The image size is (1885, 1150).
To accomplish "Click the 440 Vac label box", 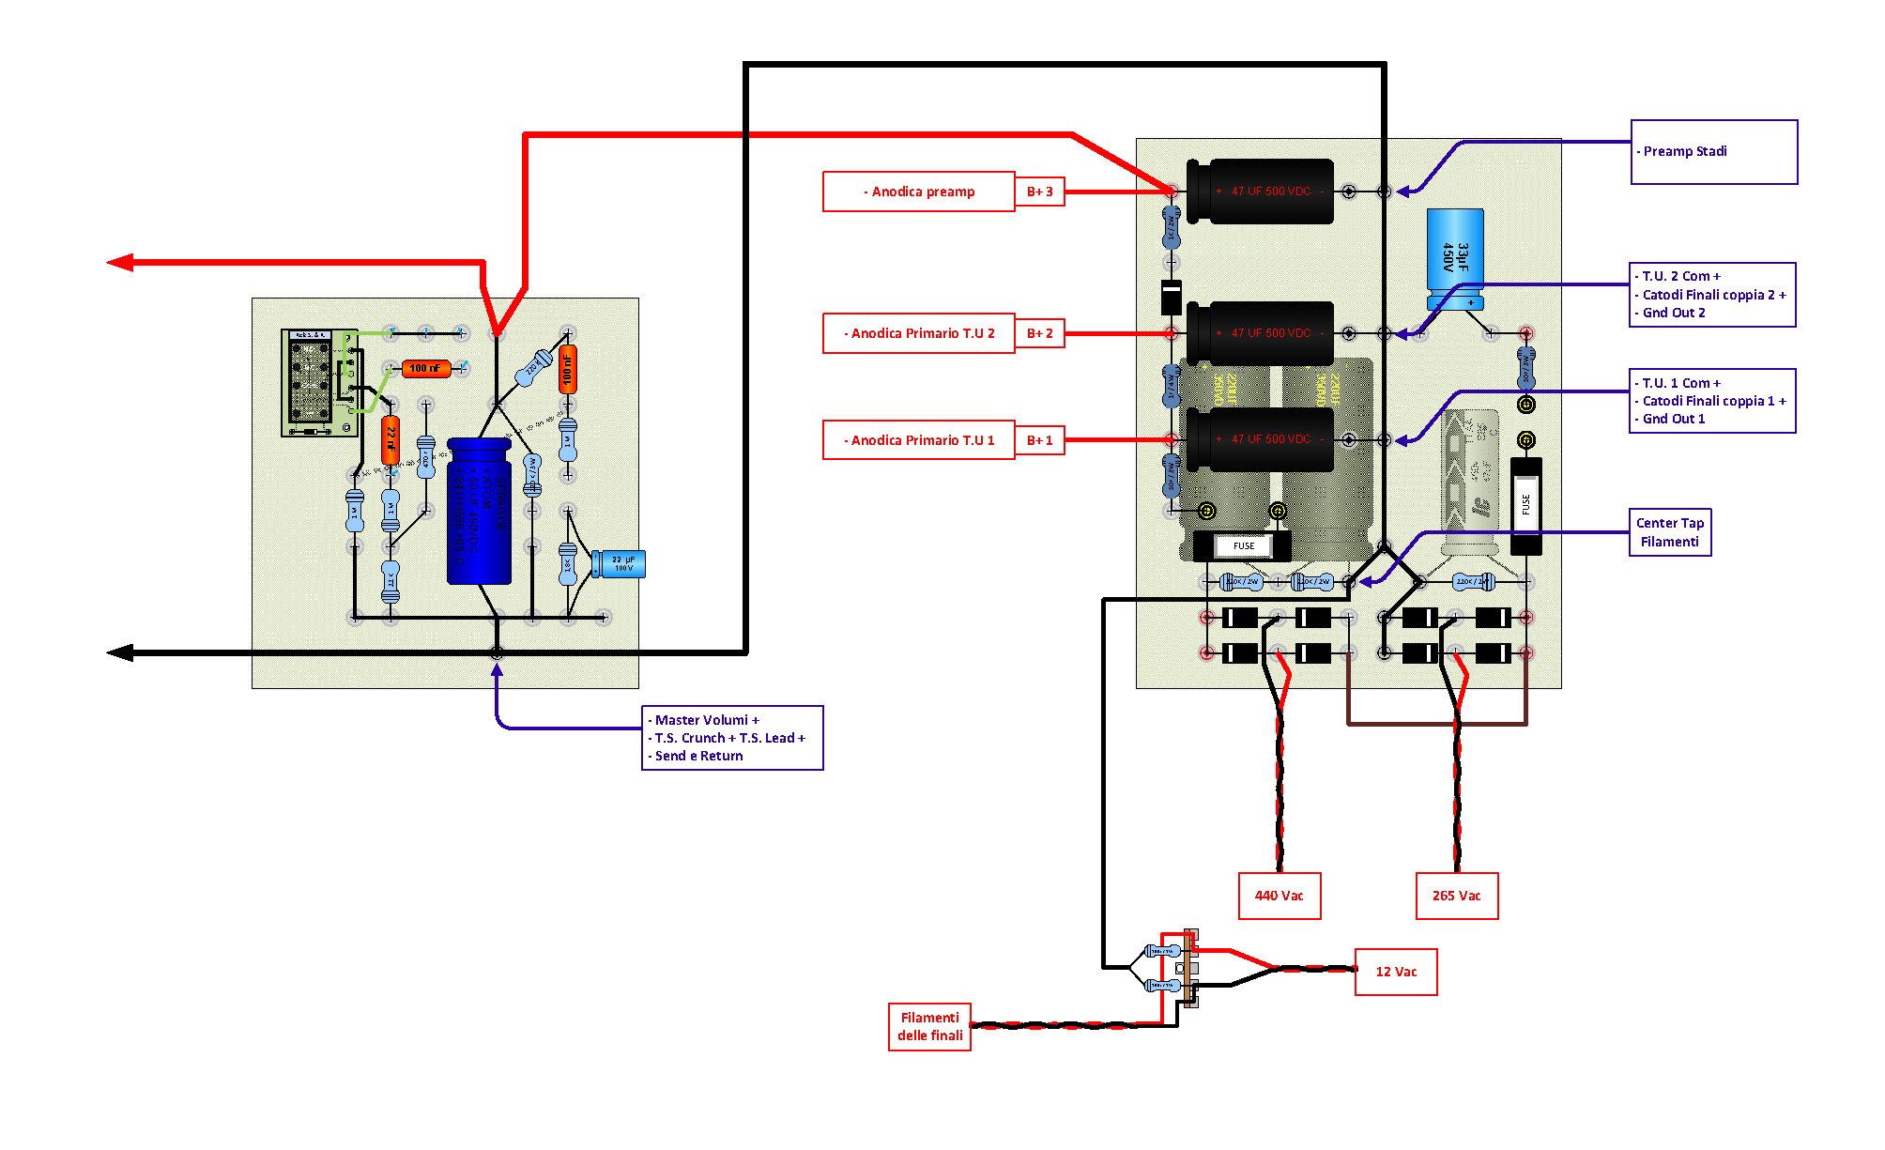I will pyautogui.click(x=1279, y=896).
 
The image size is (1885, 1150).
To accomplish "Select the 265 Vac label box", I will pyautogui.click(x=1456, y=896).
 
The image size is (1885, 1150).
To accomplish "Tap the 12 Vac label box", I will pyautogui.click(x=1396, y=972).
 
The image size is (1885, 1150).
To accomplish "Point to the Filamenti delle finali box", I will pyautogui.click(x=929, y=1026).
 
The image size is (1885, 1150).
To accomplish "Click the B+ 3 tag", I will pyautogui.click(x=1039, y=192).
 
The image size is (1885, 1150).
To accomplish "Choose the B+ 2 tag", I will pyautogui.click(x=1039, y=333).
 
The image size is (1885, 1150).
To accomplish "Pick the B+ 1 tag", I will pyautogui.click(x=1039, y=440).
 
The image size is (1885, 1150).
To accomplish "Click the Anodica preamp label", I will pyautogui.click(x=918, y=192).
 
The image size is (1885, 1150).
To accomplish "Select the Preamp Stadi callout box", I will pyautogui.click(x=1713, y=152).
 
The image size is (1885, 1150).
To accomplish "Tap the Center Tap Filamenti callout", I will pyautogui.click(x=1669, y=532).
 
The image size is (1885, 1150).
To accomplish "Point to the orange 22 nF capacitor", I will pyautogui.click(x=391, y=439).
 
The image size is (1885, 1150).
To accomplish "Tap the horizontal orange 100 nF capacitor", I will pyautogui.click(x=425, y=368).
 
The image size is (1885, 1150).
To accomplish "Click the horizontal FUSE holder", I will pyautogui.click(x=1242, y=545).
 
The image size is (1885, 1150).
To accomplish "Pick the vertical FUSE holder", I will pyautogui.click(x=1525, y=505).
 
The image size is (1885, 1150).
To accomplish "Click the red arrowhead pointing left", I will pyautogui.click(x=120, y=263).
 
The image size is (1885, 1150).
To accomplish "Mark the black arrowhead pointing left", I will pyautogui.click(x=120, y=652).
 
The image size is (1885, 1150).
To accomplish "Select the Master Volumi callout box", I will pyautogui.click(x=731, y=738).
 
